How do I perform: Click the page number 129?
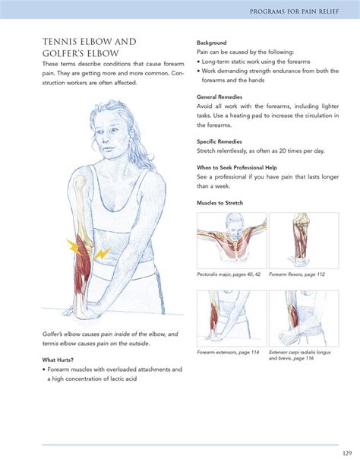[x=347, y=453]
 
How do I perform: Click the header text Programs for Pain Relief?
[x=295, y=11]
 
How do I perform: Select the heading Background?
[x=211, y=43]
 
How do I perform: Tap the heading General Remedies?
[x=219, y=97]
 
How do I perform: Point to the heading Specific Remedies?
[x=219, y=141]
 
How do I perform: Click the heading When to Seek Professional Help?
[x=237, y=167]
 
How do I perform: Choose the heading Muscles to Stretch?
[x=219, y=203]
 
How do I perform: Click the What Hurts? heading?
[x=58, y=360]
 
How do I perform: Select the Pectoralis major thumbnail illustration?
[x=232, y=240]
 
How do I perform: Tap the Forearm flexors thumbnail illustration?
[x=304, y=240]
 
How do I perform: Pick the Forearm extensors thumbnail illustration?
[x=232, y=319]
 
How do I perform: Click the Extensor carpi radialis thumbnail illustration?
[x=304, y=319]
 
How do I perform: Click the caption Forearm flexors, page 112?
[x=297, y=274]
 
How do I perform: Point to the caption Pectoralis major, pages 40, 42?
[x=229, y=274]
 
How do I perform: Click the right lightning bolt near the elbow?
[x=102, y=254]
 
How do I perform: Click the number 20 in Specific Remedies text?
[x=283, y=151]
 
